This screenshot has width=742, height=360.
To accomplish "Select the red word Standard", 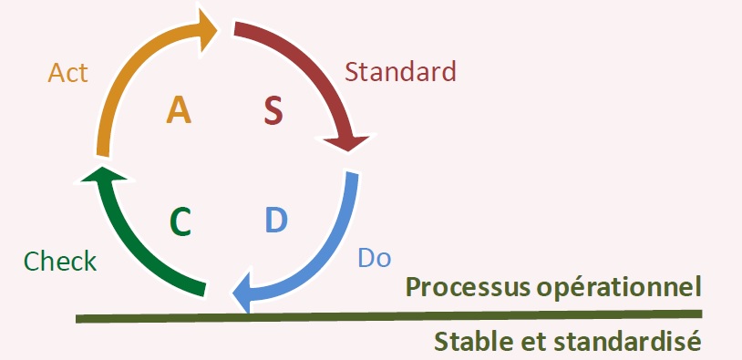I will point(401,69).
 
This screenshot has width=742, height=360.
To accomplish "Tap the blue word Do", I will point(374,257).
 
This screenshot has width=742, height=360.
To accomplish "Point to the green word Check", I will point(60,262).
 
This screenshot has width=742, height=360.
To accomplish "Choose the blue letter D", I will point(276,220).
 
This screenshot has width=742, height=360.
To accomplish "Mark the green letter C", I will point(180,221).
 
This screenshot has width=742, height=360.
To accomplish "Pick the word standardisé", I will point(629,342).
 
